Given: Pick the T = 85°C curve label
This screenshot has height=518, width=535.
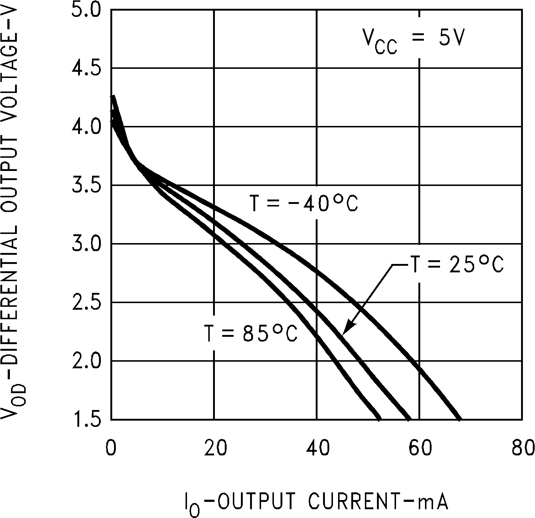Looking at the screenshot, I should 251,333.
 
